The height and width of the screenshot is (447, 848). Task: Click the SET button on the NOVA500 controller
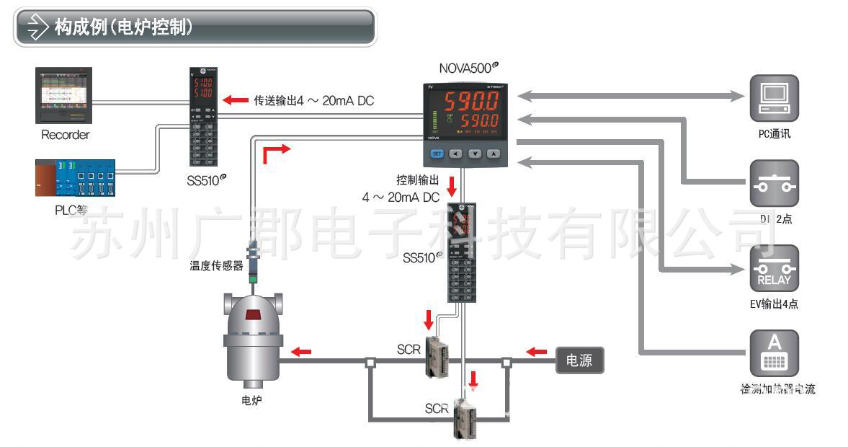tap(437, 154)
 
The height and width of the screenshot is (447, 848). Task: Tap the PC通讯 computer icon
tap(775, 98)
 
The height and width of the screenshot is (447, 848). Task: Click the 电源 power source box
tap(579, 360)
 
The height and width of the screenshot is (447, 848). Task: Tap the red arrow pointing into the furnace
tap(300, 352)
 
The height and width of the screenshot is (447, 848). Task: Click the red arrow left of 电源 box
tap(536, 352)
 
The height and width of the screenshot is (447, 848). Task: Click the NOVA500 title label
tap(468, 68)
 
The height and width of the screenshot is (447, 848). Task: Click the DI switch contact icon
tap(775, 185)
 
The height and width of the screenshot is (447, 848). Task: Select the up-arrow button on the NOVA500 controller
tap(493, 154)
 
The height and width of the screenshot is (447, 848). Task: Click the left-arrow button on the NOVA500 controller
tap(455, 154)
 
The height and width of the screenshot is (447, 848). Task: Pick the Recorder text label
tap(65, 135)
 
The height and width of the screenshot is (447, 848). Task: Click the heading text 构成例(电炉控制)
tap(123, 28)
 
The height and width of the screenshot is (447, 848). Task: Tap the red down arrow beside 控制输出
tap(452, 186)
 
